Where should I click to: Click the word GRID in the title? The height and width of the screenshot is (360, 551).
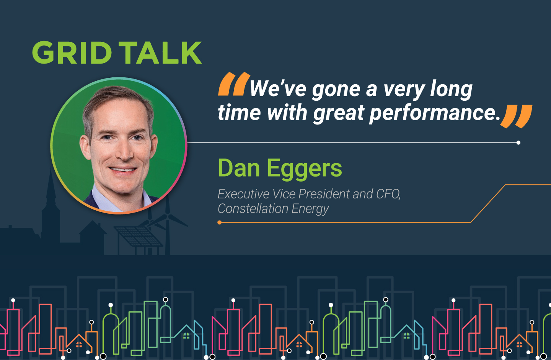pyautogui.click(x=72, y=53)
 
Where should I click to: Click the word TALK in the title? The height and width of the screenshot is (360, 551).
pyautogui.click(x=160, y=53)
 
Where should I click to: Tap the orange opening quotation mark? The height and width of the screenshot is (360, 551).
pyautogui.click(x=234, y=84)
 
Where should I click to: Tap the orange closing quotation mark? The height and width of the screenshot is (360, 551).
pyautogui.click(x=516, y=116)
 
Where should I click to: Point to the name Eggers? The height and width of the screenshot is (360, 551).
pyautogui.click(x=305, y=169)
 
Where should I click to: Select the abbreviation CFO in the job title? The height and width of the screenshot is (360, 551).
pyautogui.click(x=388, y=194)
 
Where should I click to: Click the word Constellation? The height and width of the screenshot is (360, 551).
pyautogui.click(x=253, y=209)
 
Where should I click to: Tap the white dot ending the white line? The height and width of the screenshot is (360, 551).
pyautogui.click(x=518, y=142)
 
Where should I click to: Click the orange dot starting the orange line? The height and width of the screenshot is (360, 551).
pyautogui.click(x=220, y=223)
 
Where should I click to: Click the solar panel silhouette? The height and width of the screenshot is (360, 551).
pyautogui.click(x=138, y=236)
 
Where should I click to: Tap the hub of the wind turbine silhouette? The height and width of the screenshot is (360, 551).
pyautogui.click(x=167, y=216)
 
